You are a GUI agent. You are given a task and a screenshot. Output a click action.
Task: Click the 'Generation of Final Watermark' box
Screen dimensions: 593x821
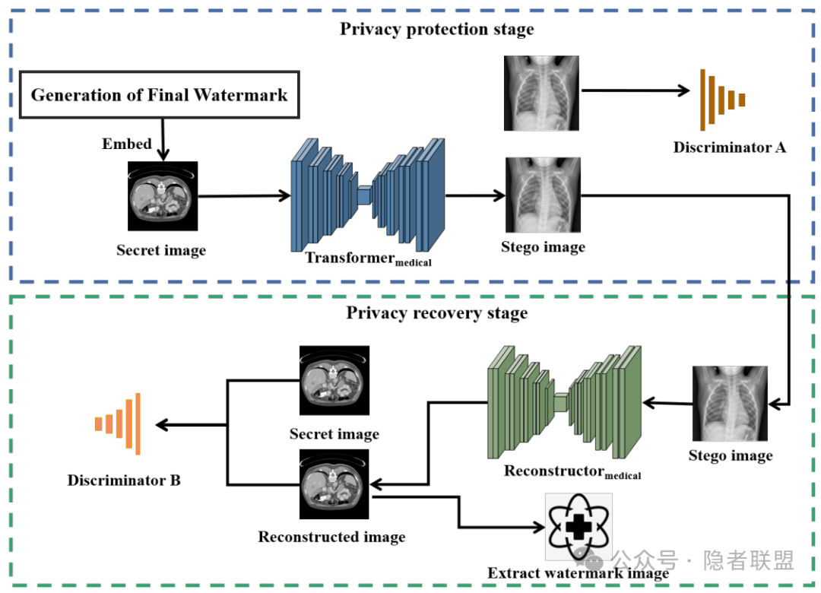click(x=159, y=96)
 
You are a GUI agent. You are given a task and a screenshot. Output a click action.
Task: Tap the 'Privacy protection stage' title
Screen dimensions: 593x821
click(x=436, y=30)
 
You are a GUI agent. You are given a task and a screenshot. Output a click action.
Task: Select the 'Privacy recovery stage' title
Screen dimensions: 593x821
click(x=436, y=313)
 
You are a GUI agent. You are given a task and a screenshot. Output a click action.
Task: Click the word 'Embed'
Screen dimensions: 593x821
click(x=127, y=144)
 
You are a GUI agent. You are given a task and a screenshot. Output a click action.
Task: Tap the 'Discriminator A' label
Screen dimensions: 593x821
click(x=729, y=147)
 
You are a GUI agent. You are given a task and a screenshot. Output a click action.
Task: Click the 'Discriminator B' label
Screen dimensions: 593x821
click(x=124, y=480)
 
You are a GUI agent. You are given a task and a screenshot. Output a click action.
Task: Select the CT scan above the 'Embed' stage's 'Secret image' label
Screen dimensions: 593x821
click(x=163, y=195)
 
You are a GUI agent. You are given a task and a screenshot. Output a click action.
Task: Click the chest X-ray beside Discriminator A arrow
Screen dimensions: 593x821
click(x=541, y=93)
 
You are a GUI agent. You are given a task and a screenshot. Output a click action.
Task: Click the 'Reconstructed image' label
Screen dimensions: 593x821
click(x=331, y=537)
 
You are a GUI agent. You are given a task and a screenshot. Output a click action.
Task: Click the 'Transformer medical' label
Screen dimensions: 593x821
click(x=368, y=258)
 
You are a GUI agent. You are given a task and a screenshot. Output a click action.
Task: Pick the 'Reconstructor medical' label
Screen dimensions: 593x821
click(x=572, y=472)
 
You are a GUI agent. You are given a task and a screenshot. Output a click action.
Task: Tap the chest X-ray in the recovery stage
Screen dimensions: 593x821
click(x=731, y=403)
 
